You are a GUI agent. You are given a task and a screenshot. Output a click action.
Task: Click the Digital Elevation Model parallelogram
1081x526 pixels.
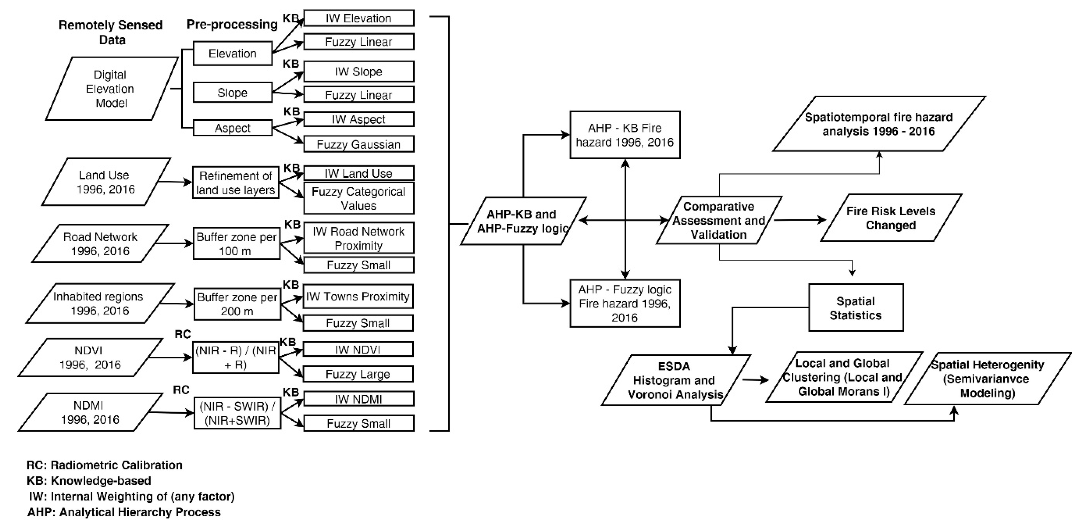click(x=111, y=89)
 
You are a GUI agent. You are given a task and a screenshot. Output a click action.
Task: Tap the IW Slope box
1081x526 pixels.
click(x=358, y=71)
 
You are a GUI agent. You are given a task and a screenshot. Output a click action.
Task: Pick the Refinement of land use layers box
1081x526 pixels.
click(x=235, y=183)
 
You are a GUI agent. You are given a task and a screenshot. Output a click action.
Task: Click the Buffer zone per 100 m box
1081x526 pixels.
click(x=236, y=244)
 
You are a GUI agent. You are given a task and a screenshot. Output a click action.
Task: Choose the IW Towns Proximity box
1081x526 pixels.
click(x=358, y=297)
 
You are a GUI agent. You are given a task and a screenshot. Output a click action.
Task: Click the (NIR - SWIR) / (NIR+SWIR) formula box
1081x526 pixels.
click(x=237, y=413)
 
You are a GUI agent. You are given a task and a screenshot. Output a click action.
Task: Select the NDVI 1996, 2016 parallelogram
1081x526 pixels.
click(x=90, y=358)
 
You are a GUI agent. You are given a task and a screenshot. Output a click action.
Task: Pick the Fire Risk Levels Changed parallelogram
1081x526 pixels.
click(x=890, y=218)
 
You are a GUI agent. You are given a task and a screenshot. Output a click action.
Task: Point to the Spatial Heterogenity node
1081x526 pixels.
click(x=987, y=379)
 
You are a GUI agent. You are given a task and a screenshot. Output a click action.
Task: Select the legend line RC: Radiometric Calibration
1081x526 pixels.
click(x=105, y=465)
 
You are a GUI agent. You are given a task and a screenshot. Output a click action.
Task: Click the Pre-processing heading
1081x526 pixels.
click(x=232, y=24)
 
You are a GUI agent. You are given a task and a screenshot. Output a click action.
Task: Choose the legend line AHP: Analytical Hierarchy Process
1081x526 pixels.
click(x=124, y=512)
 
